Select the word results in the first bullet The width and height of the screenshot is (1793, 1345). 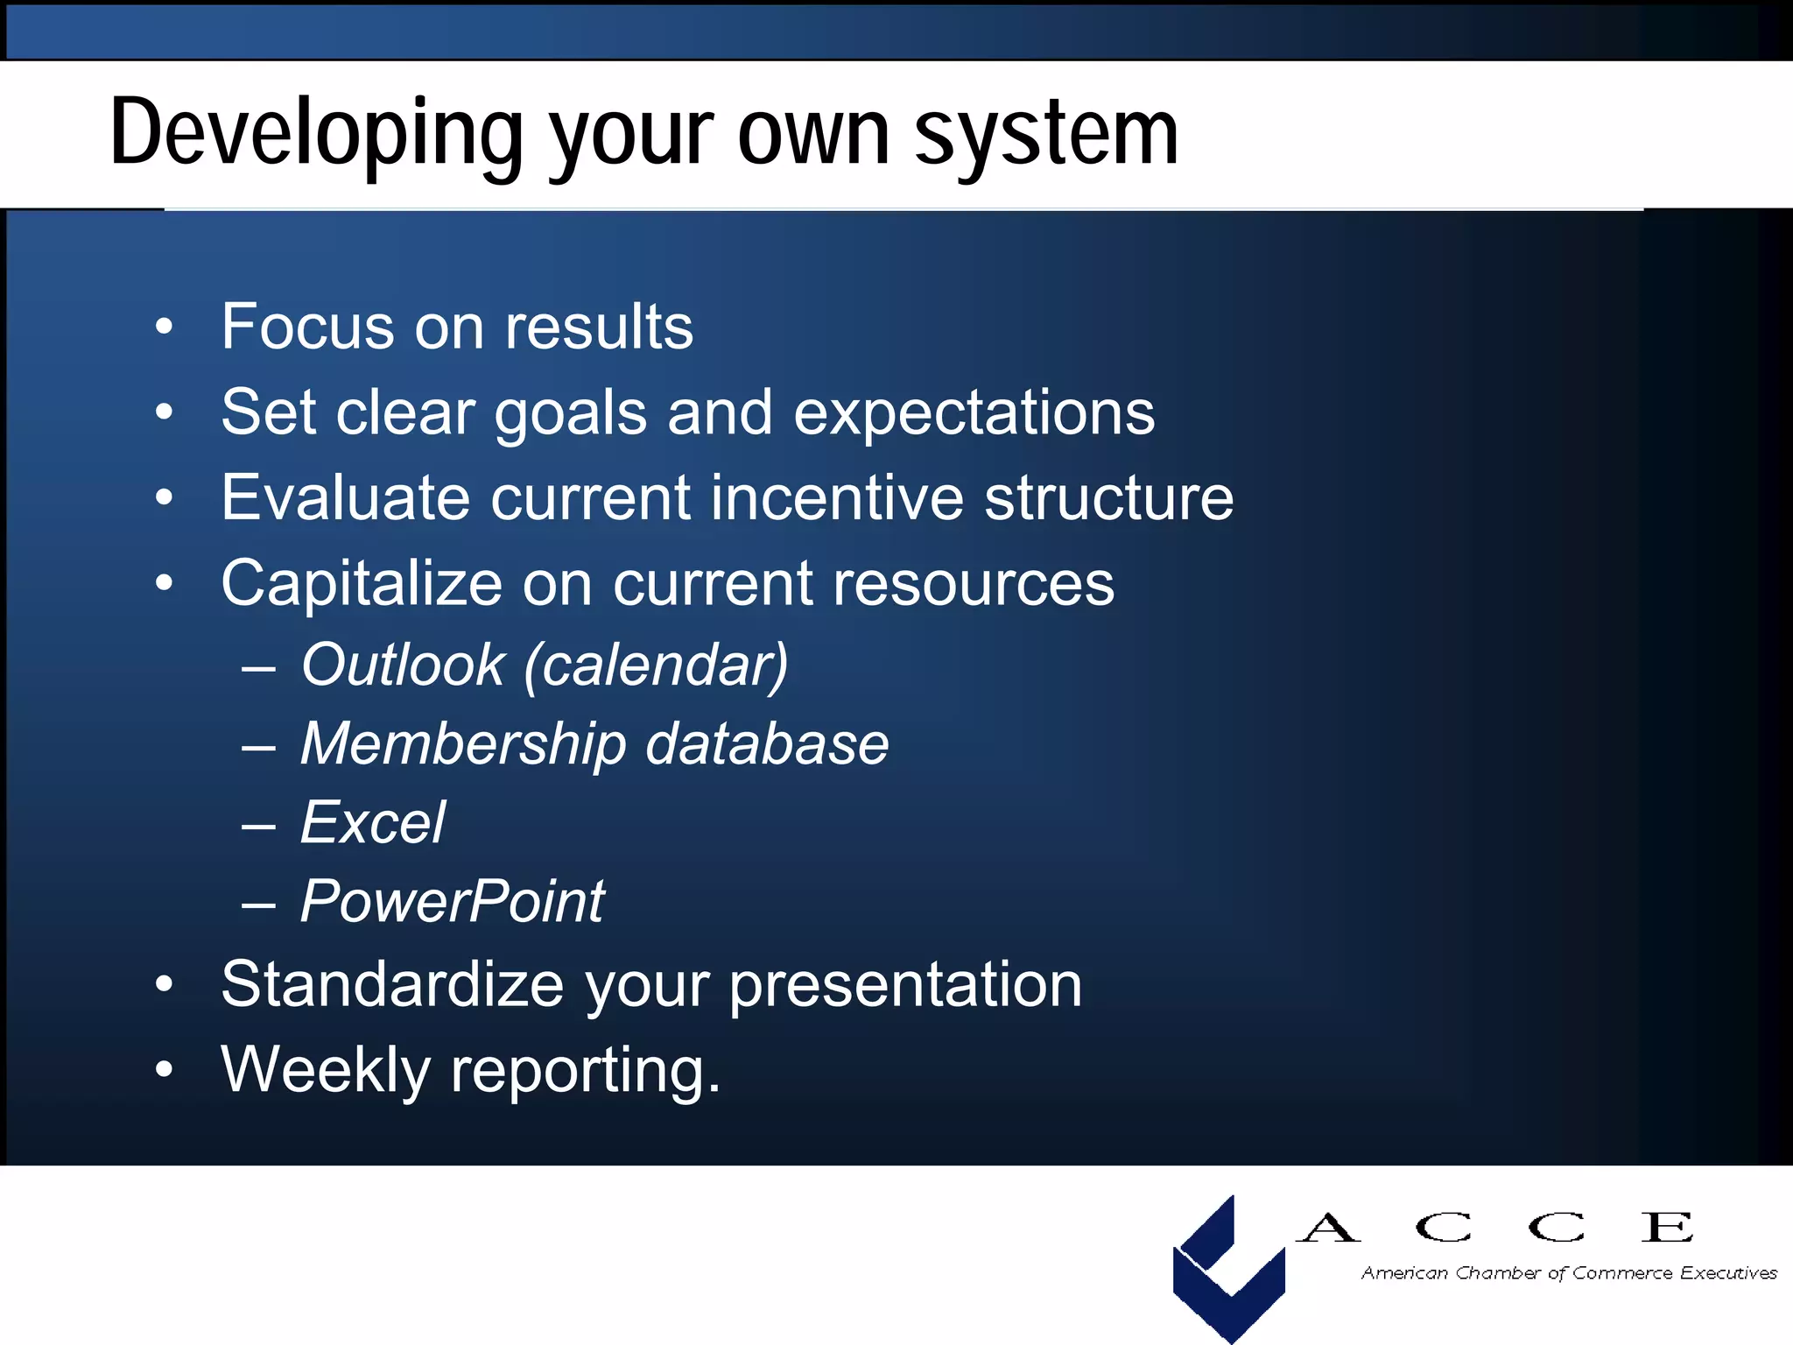click(x=599, y=327)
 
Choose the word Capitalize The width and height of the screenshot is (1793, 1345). click(x=361, y=584)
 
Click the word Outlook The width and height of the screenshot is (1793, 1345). click(x=403, y=665)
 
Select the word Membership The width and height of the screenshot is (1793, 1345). click(x=463, y=744)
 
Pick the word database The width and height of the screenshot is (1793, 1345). click(x=767, y=744)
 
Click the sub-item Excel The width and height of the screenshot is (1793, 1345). click(x=373, y=823)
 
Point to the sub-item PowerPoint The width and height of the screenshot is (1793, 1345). click(x=452, y=902)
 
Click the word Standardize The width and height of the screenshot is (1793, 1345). click(x=392, y=984)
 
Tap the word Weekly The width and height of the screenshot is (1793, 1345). click(x=325, y=1070)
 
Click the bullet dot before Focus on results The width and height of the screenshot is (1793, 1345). click(x=164, y=327)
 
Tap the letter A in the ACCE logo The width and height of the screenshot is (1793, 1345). click(x=1327, y=1228)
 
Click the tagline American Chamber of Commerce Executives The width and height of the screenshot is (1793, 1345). click(x=1568, y=1273)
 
